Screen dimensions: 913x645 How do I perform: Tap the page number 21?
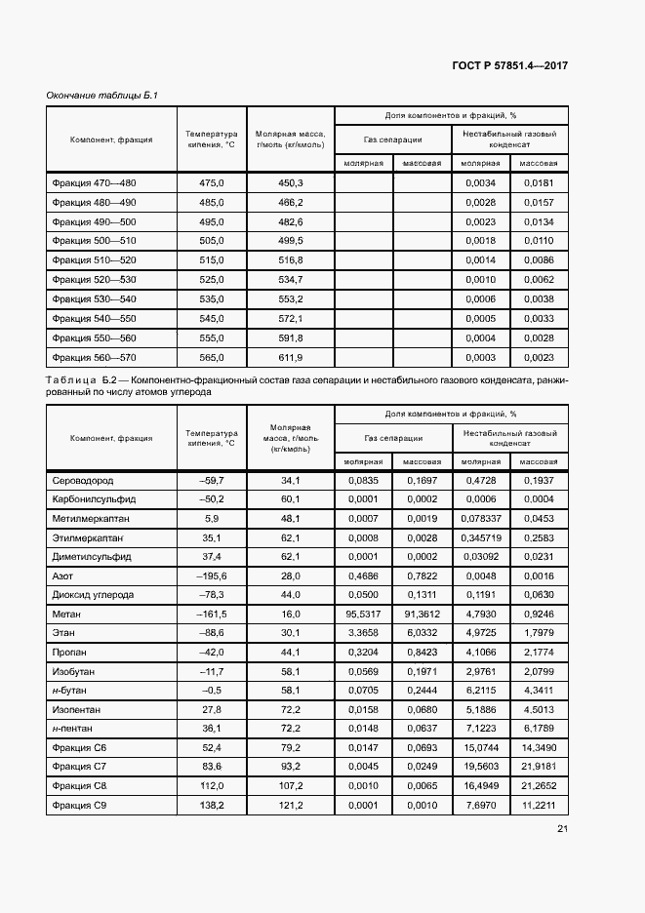(x=562, y=829)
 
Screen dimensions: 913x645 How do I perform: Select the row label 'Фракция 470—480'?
(x=95, y=183)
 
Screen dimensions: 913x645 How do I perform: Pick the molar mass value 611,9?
(x=291, y=357)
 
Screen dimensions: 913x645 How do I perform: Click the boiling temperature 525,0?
(x=212, y=280)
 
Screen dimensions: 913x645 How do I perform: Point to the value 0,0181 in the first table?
(x=539, y=183)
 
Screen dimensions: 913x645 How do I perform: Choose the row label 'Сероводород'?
(x=82, y=481)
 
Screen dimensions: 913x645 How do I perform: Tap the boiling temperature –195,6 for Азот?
(x=212, y=576)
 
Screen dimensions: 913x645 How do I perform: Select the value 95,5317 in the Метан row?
(x=363, y=614)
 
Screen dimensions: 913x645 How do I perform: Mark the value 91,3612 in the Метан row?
(x=422, y=614)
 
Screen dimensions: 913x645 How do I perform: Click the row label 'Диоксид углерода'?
(x=93, y=595)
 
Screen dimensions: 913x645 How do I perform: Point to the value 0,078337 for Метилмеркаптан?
(x=481, y=519)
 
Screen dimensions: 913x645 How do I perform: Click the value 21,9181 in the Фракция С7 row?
(x=539, y=766)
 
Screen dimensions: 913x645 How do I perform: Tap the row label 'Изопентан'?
(x=77, y=709)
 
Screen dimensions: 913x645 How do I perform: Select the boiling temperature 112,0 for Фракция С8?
(x=212, y=785)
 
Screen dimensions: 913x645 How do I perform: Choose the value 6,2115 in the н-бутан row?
(x=481, y=690)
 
